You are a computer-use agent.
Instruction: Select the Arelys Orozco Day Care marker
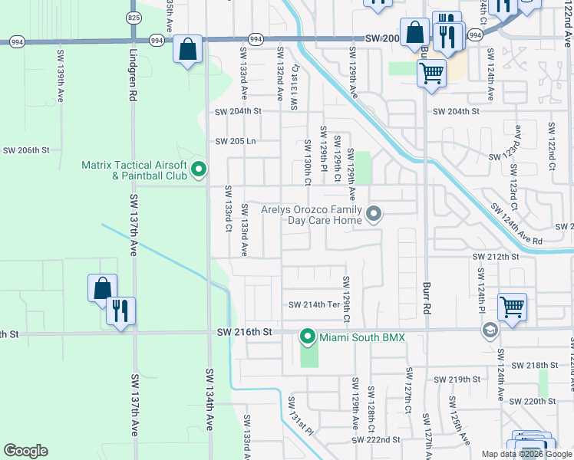coord(374,214)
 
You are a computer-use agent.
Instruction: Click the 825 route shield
coord(134,16)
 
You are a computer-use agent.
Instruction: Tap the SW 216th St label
coord(245,332)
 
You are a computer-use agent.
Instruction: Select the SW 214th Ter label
coord(314,304)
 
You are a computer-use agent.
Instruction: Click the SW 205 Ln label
coord(235,141)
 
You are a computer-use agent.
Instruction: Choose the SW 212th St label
coord(496,257)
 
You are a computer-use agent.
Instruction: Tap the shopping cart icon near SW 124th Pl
coord(512,307)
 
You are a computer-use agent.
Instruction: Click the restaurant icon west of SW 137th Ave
coord(120,310)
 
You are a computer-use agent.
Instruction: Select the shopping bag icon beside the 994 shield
coord(187,49)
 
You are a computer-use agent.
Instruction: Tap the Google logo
coord(25,451)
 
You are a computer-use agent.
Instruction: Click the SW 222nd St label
coord(376,440)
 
